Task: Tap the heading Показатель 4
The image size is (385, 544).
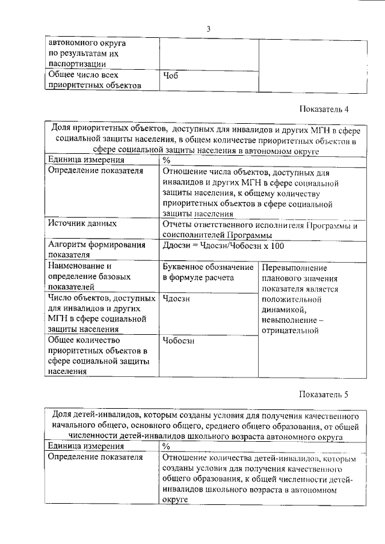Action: tap(324, 109)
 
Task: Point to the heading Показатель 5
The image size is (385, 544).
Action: tap(324, 394)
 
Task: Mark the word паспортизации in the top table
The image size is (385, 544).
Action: tap(78, 63)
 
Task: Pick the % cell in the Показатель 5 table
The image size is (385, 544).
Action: tap(167, 446)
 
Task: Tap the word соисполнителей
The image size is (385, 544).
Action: tap(194, 235)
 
